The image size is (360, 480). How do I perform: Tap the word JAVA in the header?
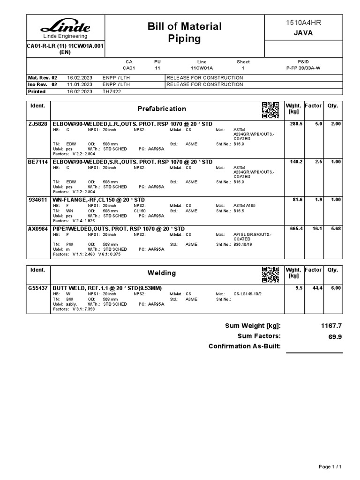point(303,33)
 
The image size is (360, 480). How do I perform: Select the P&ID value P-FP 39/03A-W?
point(303,68)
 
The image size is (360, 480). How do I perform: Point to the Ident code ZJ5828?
point(38,124)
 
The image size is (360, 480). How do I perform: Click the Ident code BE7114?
point(38,162)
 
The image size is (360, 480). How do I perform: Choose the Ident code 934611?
point(37,200)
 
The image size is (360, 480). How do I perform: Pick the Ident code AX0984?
point(38,229)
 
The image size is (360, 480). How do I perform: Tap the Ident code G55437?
point(38,288)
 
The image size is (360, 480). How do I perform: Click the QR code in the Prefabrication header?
point(270,110)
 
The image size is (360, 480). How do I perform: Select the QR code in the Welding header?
point(270,274)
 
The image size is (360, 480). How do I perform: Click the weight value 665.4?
point(296,229)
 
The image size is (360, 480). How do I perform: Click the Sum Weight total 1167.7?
point(330,326)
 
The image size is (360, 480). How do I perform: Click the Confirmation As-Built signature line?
point(314,352)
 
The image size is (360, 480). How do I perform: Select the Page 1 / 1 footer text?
point(333,467)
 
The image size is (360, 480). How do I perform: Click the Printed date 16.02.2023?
point(80,92)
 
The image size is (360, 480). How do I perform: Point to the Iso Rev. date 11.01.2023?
point(80,85)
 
